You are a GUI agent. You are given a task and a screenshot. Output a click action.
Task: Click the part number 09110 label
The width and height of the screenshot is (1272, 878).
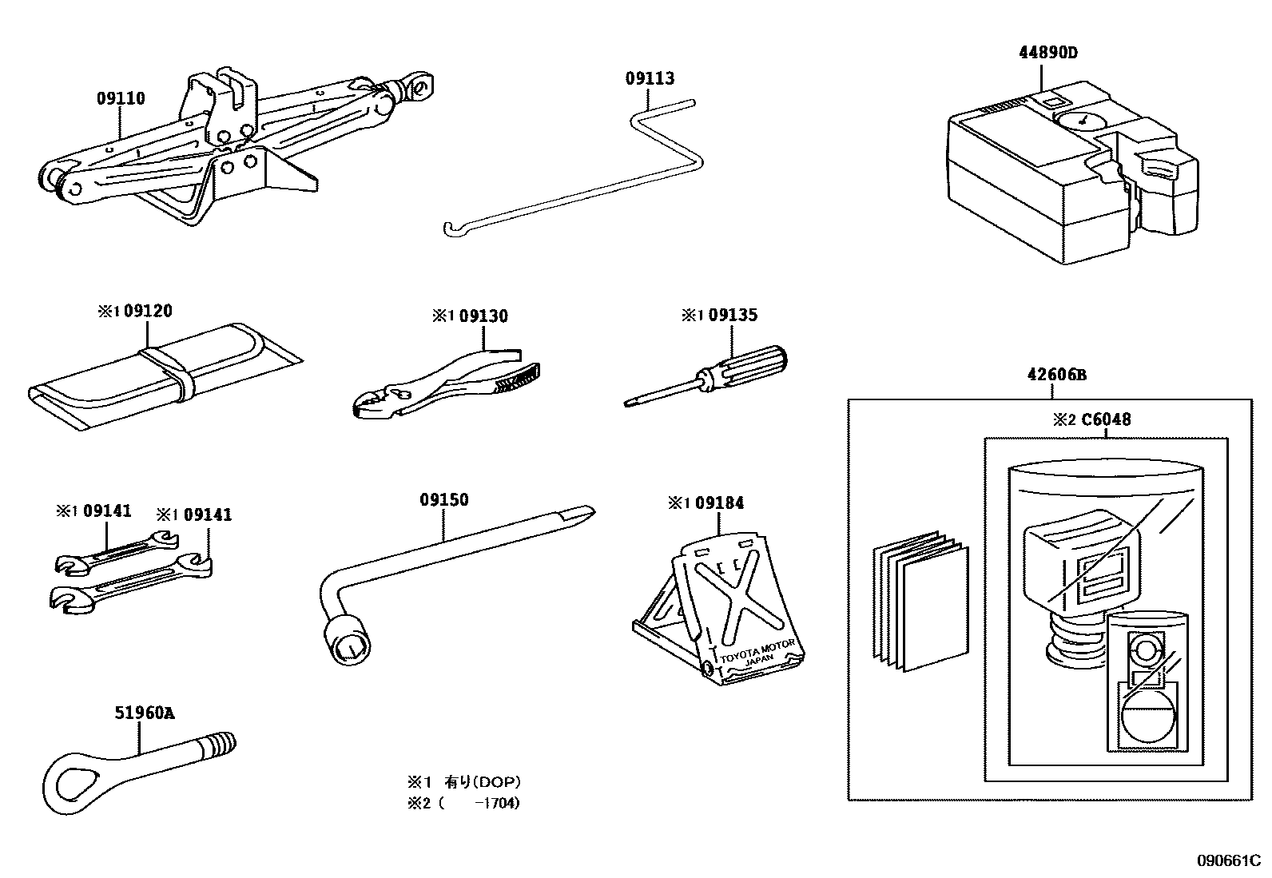121,99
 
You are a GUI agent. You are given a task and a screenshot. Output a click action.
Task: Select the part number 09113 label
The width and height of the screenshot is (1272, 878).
650,78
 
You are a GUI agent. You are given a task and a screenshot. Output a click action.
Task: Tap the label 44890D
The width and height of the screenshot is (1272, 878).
1047,54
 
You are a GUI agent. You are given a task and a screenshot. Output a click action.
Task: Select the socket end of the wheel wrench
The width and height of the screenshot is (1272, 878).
347,638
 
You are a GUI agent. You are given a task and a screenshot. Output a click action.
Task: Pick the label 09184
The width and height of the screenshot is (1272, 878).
718,503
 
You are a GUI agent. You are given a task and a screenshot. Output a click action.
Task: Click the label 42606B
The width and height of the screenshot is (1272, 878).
1055,375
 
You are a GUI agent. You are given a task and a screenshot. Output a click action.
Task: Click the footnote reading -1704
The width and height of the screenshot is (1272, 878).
495,803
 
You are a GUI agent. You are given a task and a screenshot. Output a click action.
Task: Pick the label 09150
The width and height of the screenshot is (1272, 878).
443,500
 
